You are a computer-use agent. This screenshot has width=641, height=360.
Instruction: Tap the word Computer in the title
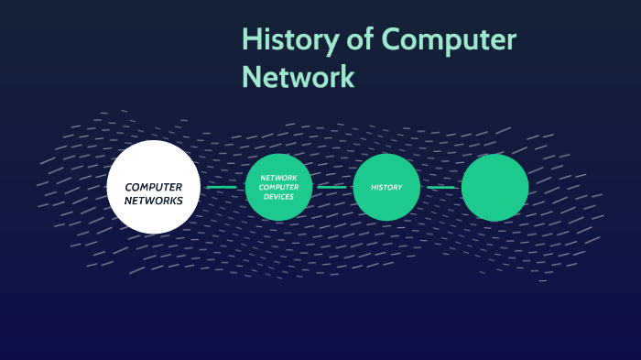[x=449, y=41]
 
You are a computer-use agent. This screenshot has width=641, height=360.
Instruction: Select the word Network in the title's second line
[x=298, y=76]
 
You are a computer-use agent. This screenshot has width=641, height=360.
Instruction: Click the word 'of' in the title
[x=355, y=41]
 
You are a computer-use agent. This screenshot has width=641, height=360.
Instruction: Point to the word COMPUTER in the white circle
[x=154, y=187]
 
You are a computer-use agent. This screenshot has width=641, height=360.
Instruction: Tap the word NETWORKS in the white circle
[x=154, y=200]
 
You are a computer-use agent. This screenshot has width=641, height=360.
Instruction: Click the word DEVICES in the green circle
[x=279, y=197]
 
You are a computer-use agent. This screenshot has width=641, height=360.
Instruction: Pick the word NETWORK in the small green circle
[x=279, y=178]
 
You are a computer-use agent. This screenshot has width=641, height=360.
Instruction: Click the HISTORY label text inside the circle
[x=386, y=188]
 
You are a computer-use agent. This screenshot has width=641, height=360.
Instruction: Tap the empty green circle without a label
[x=494, y=188]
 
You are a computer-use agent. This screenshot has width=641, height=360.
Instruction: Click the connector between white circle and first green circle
[x=222, y=188]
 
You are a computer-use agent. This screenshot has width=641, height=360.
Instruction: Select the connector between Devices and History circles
[x=332, y=188]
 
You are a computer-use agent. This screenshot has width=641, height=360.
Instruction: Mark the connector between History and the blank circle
[x=440, y=188]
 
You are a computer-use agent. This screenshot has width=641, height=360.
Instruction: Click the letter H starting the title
[x=251, y=41]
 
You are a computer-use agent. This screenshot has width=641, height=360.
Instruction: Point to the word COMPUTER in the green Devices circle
[x=279, y=187]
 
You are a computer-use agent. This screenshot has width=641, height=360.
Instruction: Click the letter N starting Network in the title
[x=251, y=76]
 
